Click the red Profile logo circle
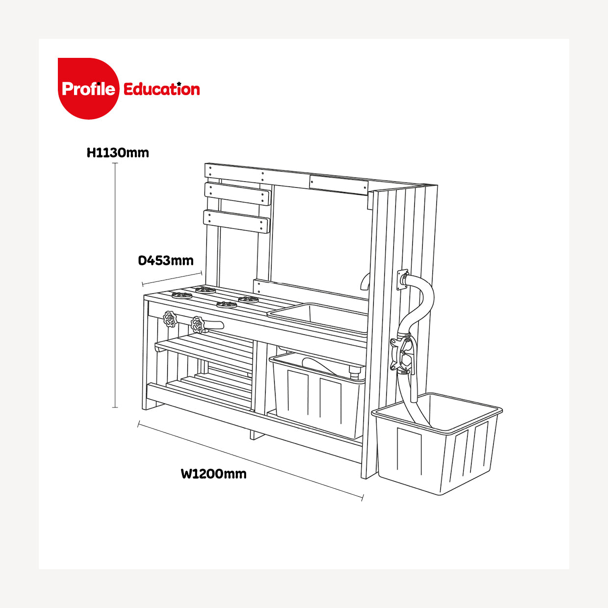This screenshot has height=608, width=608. [88, 89]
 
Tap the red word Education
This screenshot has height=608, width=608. [161, 89]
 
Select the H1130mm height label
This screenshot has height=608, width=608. [118, 152]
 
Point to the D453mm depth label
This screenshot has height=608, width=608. [166, 261]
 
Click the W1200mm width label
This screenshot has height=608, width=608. [214, 474]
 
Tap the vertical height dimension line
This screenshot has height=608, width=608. [115, 285]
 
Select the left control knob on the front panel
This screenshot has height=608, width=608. [170, 319]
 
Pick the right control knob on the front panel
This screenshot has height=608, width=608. [198, 325]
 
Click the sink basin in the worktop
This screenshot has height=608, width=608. [318, 318]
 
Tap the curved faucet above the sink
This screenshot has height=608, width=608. [365, 281]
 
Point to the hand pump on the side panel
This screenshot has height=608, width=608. [403, 354]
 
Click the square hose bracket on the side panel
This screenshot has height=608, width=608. [402, 280]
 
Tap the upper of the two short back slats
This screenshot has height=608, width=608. [238, 194]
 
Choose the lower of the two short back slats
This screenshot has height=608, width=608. [237, 222]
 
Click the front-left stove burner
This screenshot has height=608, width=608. [182, 295]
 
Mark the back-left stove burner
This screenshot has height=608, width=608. [205, 290]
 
